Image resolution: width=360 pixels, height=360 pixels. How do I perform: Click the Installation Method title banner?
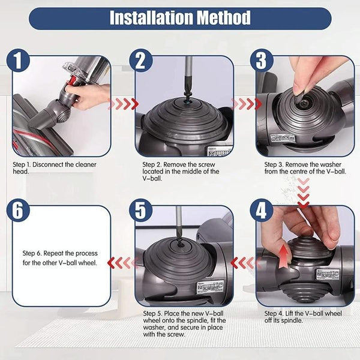(x=179, y=18)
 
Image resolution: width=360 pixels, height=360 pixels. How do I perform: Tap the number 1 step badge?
(x=20, y=61)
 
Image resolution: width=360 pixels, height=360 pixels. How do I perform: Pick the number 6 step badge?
(x=20, y=211)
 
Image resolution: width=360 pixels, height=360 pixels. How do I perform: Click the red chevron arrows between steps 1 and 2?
(x=122, y=104)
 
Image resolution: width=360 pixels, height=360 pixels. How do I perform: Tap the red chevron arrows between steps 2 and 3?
(x=244, y=104)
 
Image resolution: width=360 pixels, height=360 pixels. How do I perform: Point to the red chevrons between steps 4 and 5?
(x=244, y=262)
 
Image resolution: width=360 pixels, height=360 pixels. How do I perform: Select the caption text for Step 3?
(x=305, y=167)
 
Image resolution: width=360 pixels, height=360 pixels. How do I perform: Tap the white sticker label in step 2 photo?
(x=217, y=151)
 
